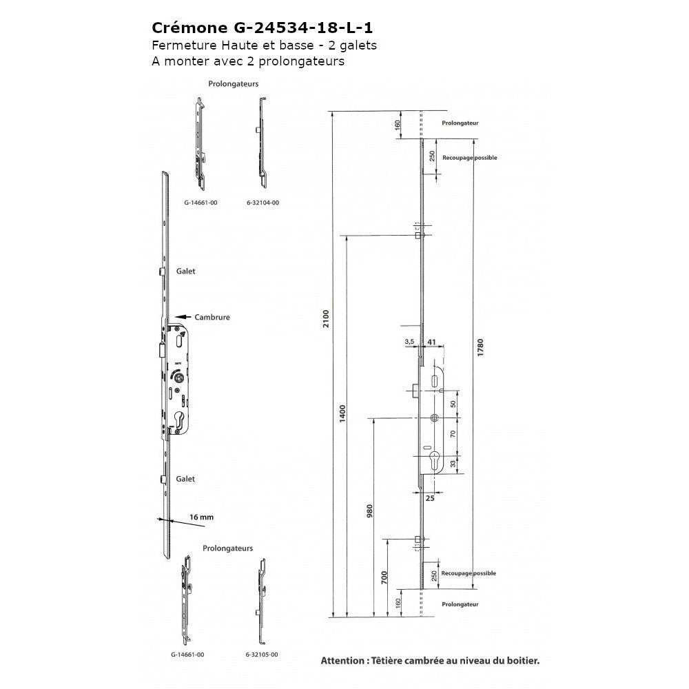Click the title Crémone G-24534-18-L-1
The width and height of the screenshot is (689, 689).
point(263,28)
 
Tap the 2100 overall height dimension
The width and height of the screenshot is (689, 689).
point(326,318)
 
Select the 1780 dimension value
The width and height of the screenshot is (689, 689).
point(480,347)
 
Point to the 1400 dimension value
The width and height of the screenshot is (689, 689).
point(342,413)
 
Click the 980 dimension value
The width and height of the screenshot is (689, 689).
point(369,511)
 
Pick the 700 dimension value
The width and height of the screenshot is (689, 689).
point(384,577)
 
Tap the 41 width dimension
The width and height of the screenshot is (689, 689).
point(431,342)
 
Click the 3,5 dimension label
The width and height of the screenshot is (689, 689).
point(409,342)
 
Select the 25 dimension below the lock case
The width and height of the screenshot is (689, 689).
point(430,498)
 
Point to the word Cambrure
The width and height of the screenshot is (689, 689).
point(212,317)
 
